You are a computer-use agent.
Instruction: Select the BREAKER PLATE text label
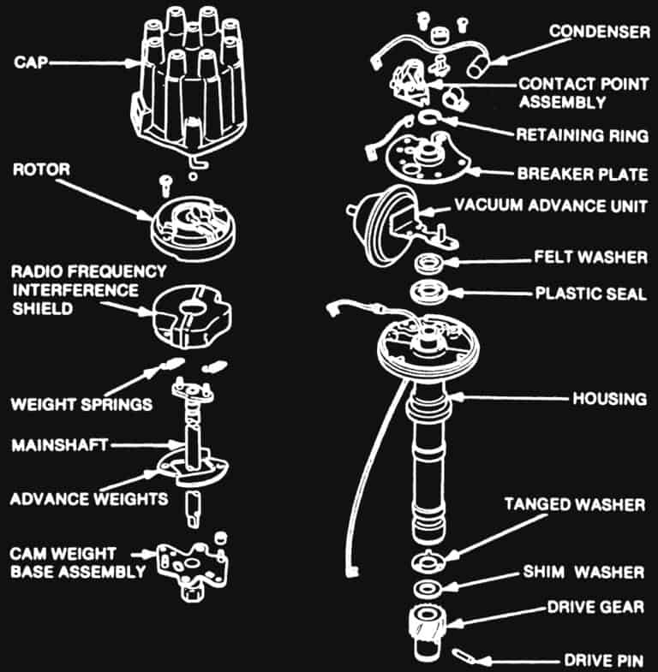tap(582, 174)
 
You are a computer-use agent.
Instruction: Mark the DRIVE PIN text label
tap(604, 660)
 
